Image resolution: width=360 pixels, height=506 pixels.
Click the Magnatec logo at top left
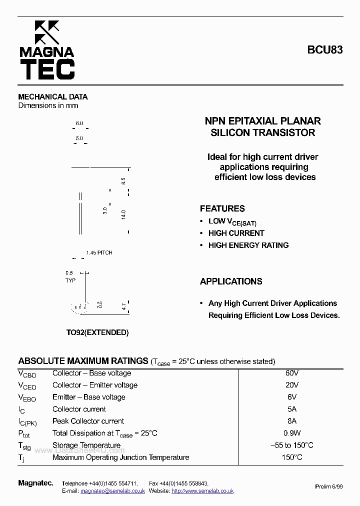point(46,50)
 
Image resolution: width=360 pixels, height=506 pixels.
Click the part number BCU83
point(325,50)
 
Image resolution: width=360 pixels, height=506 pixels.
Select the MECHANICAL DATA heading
point(53,97)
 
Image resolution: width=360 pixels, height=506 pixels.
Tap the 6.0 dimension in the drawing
point(79,123)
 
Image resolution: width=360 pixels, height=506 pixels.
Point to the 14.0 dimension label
point(123,214)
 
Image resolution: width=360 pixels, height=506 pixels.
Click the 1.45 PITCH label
point(99,253)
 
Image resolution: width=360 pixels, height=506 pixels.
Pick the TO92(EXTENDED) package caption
point(97,332)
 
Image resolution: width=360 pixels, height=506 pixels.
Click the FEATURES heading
point(222,209)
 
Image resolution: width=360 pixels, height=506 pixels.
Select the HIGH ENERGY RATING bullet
point(248,245)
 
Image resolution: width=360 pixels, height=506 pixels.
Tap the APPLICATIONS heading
point(231,281)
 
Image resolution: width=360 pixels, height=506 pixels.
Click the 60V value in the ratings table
point(292,373)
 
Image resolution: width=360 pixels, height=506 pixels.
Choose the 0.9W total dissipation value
point(292,433)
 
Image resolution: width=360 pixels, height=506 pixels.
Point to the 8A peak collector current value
point(292,421)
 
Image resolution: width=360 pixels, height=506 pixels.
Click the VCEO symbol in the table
point(27,385)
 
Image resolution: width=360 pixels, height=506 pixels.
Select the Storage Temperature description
point(86,445)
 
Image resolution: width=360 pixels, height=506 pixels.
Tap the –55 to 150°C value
point(292,445)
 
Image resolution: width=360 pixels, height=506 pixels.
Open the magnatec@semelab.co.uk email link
point(112,491)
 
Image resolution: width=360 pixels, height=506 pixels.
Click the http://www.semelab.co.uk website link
point(202,491)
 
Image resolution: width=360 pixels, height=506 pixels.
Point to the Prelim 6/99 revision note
point(329,486)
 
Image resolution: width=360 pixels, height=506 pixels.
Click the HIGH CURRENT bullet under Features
point(236,233)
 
